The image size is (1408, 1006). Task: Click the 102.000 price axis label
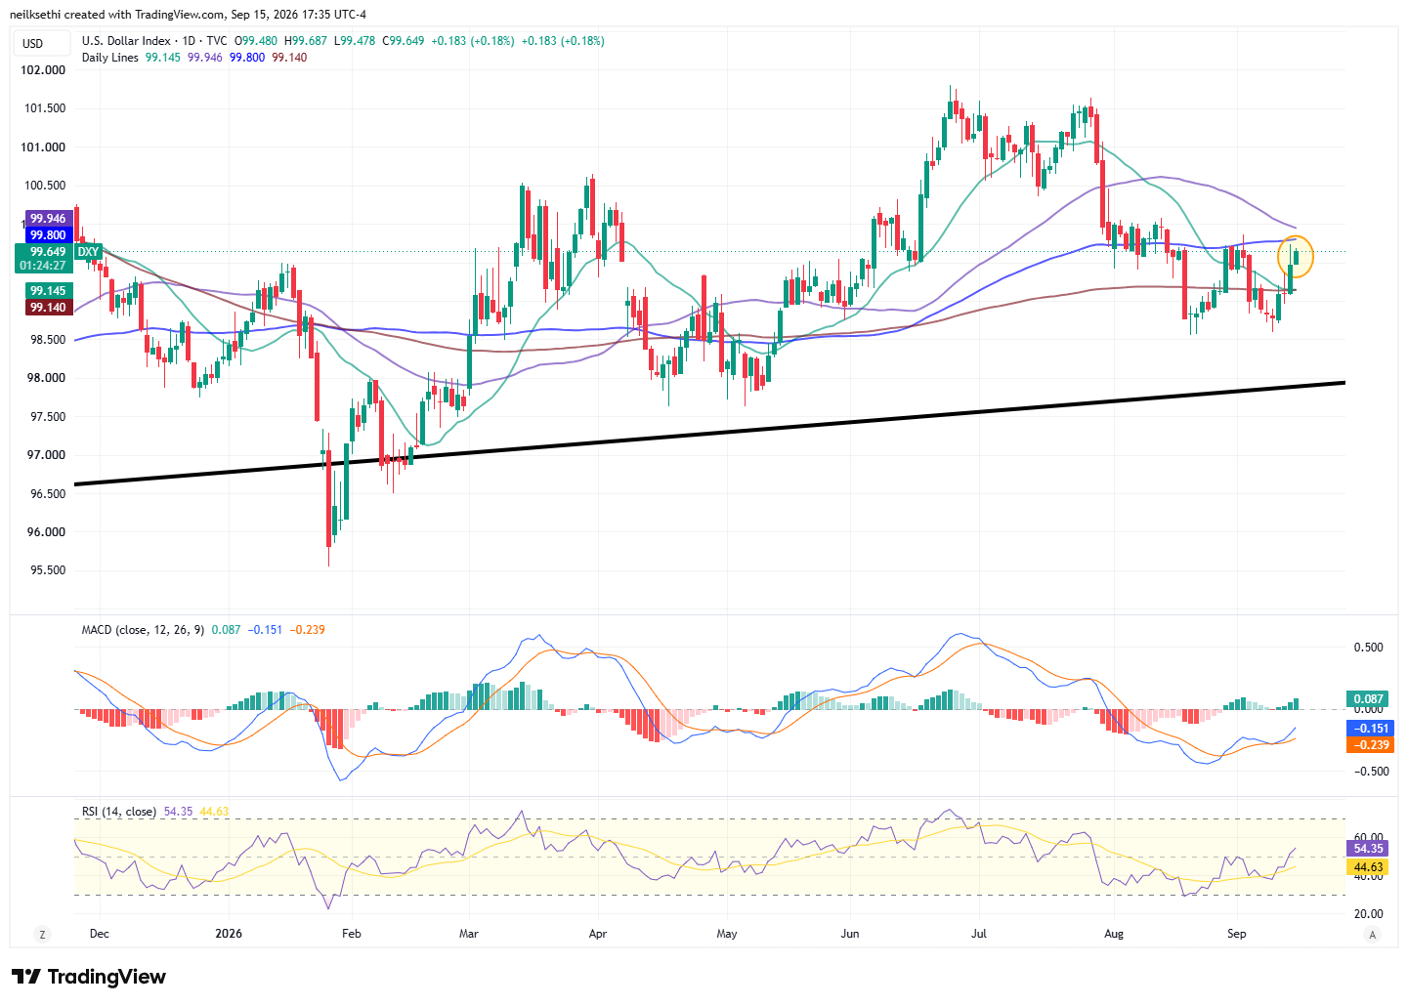tap(43, 69)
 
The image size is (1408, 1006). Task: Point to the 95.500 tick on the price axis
tap(47, 570)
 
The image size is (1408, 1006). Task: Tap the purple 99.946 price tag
tap(49, 218)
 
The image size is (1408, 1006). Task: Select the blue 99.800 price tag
tap(49, 235)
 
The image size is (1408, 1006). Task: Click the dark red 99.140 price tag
tap(49, 308)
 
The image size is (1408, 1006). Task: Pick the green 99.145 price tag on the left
tap(49, 290)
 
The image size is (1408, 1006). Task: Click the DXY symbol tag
tap(88, 252)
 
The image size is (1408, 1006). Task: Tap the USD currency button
tap(32, 43)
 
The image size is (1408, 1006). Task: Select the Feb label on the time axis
tap(352, 933)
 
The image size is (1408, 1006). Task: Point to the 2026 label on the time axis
tap(229, 933)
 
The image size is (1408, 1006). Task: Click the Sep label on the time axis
tap(1236, 933)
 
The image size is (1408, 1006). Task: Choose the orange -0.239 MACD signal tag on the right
tap(1370, 744)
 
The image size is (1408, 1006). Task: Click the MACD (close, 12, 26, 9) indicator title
tap(143, 630)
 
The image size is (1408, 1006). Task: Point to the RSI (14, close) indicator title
tap(119, 812)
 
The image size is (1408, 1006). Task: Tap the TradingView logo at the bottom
tap(89, 977)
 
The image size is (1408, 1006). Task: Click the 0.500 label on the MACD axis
tap(1368, 648)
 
